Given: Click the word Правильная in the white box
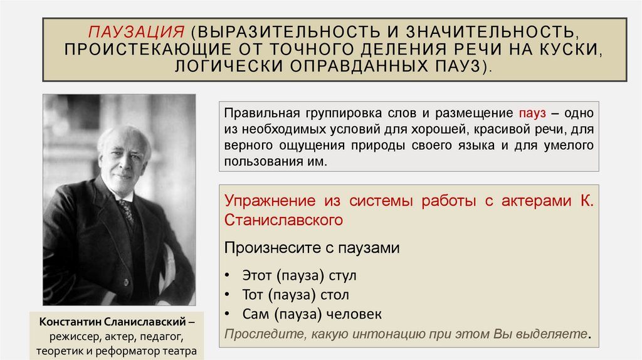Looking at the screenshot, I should (x=257, y=114).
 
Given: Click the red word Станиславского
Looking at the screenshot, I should (x=285, y=220).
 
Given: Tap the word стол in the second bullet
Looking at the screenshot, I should (x=334, y=295).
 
